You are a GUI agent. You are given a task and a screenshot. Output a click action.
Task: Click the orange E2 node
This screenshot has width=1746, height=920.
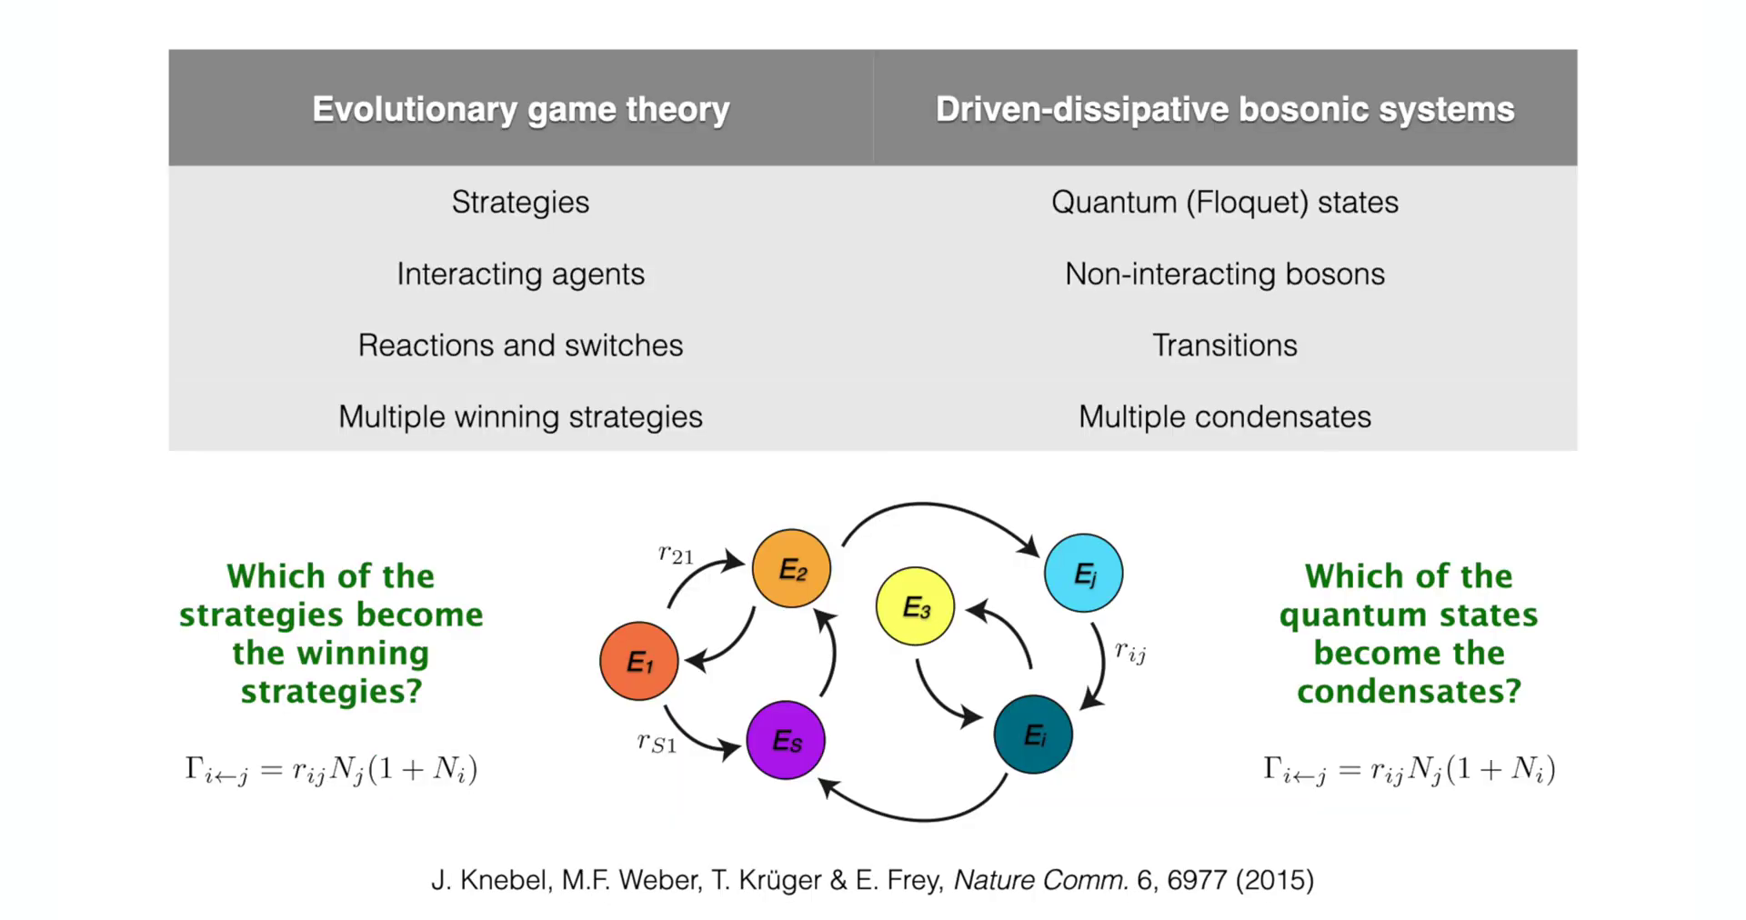[x=791, y=569]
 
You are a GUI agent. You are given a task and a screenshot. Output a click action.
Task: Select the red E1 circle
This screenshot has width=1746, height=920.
[x=639, y=661]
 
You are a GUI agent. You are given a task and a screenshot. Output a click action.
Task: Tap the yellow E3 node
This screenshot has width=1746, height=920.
[x=915, y=606]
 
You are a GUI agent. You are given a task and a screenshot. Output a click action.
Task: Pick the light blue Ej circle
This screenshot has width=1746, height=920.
[x=1083, y=573]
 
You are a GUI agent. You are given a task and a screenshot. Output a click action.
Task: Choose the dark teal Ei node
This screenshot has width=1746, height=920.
[x=1033, y=735]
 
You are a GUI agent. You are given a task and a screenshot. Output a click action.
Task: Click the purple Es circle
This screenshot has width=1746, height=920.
[x=786, y=740]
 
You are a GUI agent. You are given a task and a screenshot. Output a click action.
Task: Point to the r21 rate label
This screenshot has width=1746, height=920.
[x=676, y=554]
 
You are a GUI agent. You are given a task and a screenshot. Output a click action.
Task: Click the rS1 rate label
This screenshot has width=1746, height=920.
[x=657, y=743]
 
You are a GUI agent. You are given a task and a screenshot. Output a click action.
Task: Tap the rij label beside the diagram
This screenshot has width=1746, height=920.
[x=1130, y=652]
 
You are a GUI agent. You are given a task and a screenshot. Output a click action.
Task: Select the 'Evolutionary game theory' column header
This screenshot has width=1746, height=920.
[x=521, y=109]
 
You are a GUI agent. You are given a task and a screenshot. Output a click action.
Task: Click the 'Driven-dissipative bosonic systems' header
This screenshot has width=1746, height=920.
[x=1225, y=109]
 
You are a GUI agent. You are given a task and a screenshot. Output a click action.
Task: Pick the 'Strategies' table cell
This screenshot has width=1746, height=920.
[x=520, y=202]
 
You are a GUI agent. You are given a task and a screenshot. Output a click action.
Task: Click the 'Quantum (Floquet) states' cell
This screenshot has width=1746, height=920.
[x=1225, y=202]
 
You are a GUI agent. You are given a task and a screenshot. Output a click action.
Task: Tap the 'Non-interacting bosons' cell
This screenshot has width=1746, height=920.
[x=1225, y=274]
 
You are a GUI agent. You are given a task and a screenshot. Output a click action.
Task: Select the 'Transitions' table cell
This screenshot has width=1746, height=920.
[x=1225, y=345]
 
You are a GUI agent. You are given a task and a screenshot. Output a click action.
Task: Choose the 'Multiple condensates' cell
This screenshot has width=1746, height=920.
[x=1225, y=416]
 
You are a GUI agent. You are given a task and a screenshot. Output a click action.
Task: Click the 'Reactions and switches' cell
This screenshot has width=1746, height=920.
[x=520, y=345]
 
